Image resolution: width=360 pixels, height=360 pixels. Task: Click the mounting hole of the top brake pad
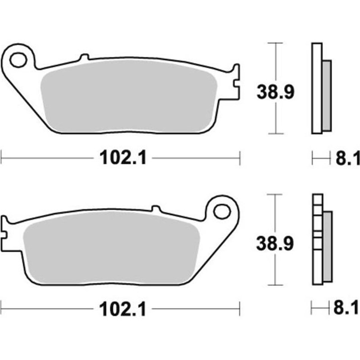(x=18, y=59)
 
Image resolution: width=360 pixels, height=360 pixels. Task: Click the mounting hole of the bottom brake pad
(x=221, y=211)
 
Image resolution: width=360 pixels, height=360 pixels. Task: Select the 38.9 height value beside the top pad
(x=275, y=92)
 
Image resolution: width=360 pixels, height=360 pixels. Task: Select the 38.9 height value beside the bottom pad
(x=275, y=243)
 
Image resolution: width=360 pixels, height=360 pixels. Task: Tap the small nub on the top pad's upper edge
(x=83, y=57)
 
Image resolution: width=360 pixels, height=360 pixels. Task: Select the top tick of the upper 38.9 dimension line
(x=274, y=43)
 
